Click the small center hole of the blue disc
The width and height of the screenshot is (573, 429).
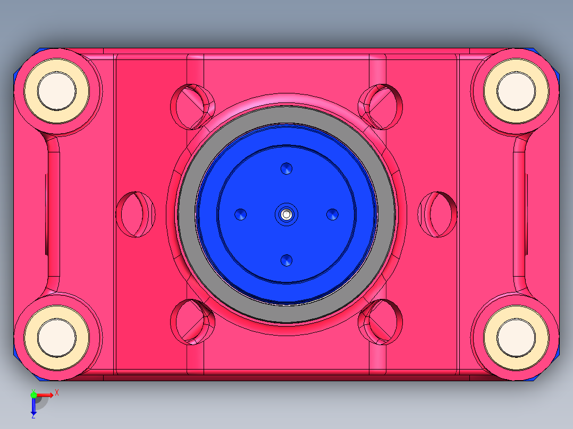286,214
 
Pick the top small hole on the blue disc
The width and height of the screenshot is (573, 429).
286,169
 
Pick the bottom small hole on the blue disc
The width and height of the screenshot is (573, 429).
286,260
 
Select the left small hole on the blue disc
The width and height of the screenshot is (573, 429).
241,214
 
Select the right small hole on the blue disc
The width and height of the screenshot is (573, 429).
332,214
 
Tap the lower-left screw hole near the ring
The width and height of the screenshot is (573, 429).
192,322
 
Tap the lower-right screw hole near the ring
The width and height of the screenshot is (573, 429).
381,322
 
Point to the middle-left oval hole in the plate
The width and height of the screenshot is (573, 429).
135,214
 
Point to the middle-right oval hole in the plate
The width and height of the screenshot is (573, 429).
437,214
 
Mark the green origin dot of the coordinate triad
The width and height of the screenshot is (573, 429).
34,395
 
